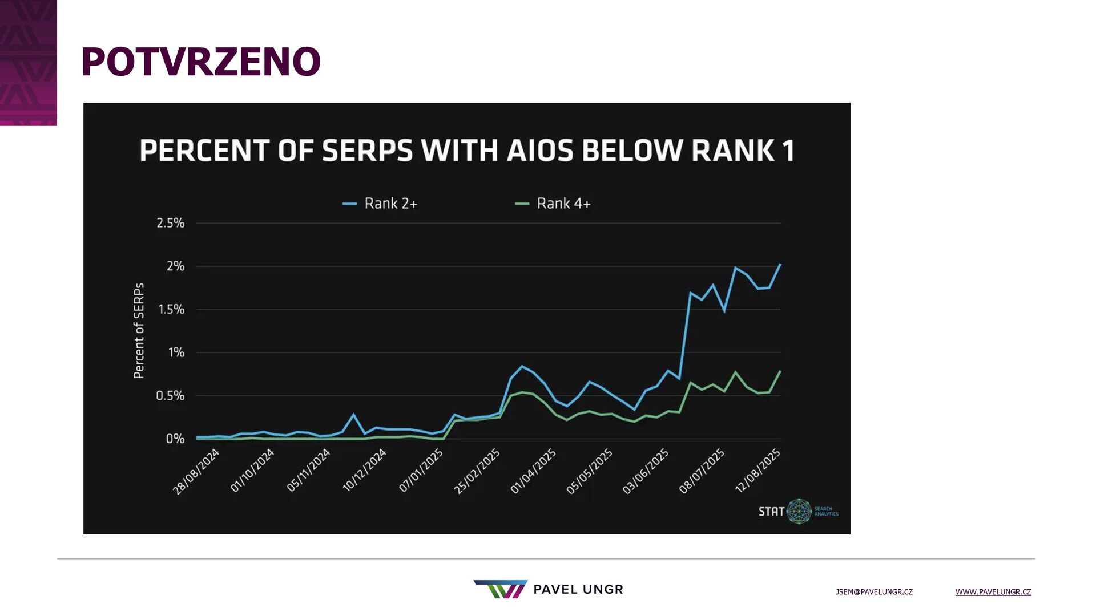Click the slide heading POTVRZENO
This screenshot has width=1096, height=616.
coord(201,62)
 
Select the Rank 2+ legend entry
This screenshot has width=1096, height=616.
coord(381,204)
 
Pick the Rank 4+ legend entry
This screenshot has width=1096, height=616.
coord(553,204)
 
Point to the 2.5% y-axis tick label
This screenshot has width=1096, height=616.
coord(171,223)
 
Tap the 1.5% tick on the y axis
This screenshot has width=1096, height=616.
coord(171,310)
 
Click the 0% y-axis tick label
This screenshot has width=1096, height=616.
coord(175,439)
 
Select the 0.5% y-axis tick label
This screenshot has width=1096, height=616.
coord(170,396)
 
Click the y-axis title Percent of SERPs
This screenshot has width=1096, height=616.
coord(139,331)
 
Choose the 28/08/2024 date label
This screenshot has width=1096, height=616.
coord(196,472)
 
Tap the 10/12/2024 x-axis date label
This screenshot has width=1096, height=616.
coord(364,471)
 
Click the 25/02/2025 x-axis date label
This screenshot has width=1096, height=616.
coord(477,471)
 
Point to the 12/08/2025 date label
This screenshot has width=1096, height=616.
coord(757,471)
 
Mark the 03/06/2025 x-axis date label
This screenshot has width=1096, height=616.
coord(645,471)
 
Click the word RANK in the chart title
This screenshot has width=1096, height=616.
coord(732,151)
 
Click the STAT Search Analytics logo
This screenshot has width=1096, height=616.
coord(798,511)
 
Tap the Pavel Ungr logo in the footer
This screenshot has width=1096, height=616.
coord(548,589)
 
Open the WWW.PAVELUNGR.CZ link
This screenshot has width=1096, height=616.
coord(993,592)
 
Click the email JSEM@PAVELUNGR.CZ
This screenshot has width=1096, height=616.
coord(874,592)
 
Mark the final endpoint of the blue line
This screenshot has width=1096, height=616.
coord(780,264)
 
